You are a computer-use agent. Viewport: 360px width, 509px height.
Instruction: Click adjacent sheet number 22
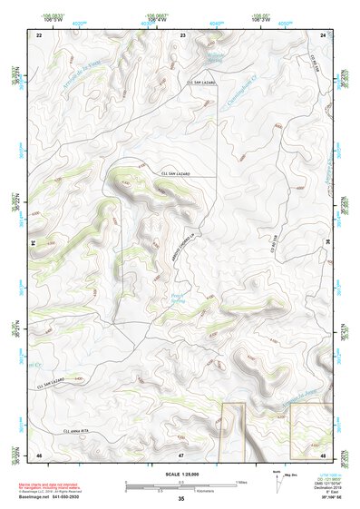pos(39,34)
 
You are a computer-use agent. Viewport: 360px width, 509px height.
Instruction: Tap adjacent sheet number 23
pos(182,34)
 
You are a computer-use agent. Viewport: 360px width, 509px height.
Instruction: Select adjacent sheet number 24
pos(323,34)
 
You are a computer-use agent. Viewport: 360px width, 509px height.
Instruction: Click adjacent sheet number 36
pos(328,243)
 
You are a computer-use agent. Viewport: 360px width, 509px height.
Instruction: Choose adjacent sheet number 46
pos(39,454)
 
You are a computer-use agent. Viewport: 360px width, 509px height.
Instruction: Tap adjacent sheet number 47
pos(180,454)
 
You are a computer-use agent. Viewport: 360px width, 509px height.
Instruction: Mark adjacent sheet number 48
pos(323,454)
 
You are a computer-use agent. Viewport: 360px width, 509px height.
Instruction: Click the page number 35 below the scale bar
pos(180,499)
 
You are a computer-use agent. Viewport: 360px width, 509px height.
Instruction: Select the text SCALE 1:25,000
pos(180,474)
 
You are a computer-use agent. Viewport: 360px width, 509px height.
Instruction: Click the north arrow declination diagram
pos(277,479)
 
